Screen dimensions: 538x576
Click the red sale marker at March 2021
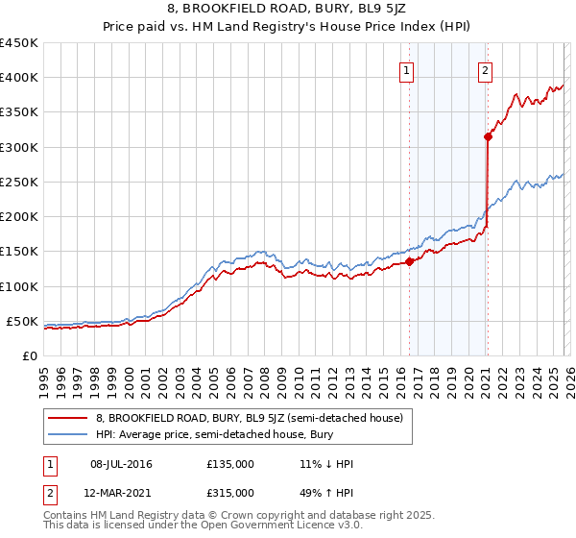tap(488, 136)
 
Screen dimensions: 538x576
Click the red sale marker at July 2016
tap(409, 260)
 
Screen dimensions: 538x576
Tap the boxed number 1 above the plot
tap(407, 70)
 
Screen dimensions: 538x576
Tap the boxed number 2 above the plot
tap(486, 70)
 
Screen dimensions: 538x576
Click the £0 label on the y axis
tap(29, 355)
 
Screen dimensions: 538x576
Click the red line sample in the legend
tap(67, 418)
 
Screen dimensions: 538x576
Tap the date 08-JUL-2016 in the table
tap(121, 464)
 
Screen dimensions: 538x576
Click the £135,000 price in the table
tap(230, 464)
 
